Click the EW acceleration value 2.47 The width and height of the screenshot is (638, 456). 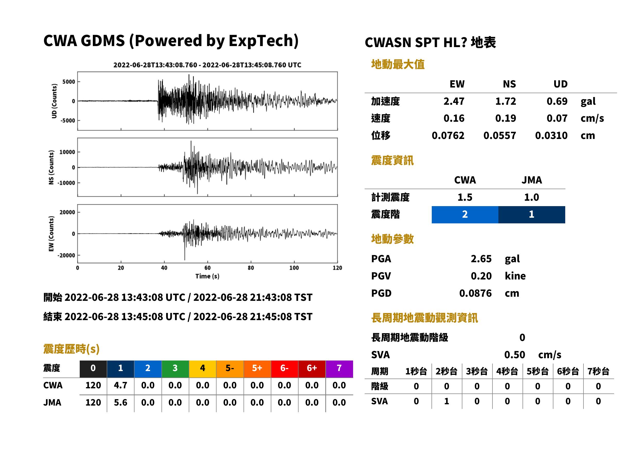(x=454, y=101)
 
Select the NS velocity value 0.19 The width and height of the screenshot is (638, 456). (x=505, y=118)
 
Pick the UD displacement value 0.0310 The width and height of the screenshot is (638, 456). (x=551, y=135)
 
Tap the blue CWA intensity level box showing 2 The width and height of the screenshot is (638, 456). (x=465, y=215)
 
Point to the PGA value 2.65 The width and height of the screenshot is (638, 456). (x=481, y=259)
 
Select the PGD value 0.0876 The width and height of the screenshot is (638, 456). (x=475, y=293)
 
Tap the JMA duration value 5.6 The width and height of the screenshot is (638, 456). (x=120, y=402)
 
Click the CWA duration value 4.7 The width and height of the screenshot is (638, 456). (x=120, y=385)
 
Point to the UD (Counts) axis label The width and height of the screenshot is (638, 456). (x=54, y=101)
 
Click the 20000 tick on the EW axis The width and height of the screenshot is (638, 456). (x=67, y=212)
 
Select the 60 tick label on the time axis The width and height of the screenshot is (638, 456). (x=207, y=268)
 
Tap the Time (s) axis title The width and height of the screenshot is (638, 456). (x=207, y=276)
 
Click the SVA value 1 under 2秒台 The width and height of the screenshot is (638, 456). (x=446, y=401)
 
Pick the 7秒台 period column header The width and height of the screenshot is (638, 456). (x=598, y=372)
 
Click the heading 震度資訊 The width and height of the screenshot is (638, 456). (x=392, y=160)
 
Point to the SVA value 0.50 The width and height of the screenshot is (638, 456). (x=515, y=355)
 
